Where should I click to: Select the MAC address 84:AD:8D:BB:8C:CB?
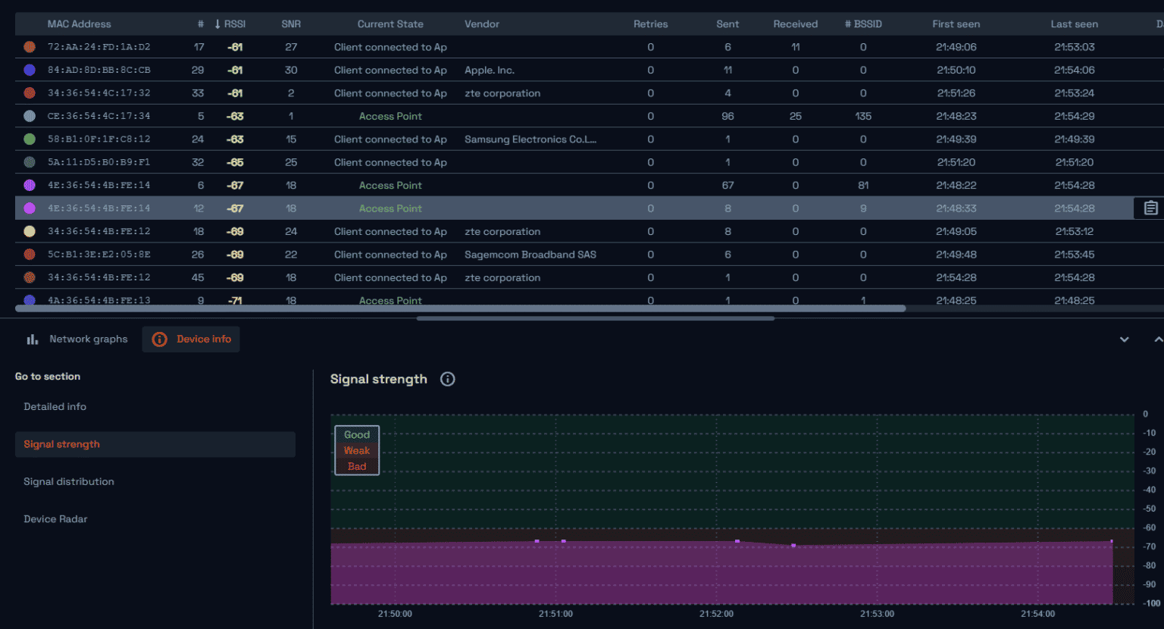99,70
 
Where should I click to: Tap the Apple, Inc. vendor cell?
489,70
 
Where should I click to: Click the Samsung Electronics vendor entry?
530,139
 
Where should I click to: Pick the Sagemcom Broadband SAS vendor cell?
530,255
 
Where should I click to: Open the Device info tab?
191,340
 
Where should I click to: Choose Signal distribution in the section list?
69,482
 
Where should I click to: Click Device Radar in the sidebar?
55,519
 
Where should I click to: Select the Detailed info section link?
55,407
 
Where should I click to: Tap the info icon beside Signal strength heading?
448,379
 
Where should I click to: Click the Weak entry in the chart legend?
357,451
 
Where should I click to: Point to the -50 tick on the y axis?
1150,509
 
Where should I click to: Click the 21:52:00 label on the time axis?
716,614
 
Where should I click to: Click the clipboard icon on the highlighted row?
1150,208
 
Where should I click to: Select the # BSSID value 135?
863,117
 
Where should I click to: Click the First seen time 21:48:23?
956,117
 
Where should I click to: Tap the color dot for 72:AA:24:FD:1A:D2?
30,47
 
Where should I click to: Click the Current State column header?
390,24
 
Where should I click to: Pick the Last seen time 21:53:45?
1074,255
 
